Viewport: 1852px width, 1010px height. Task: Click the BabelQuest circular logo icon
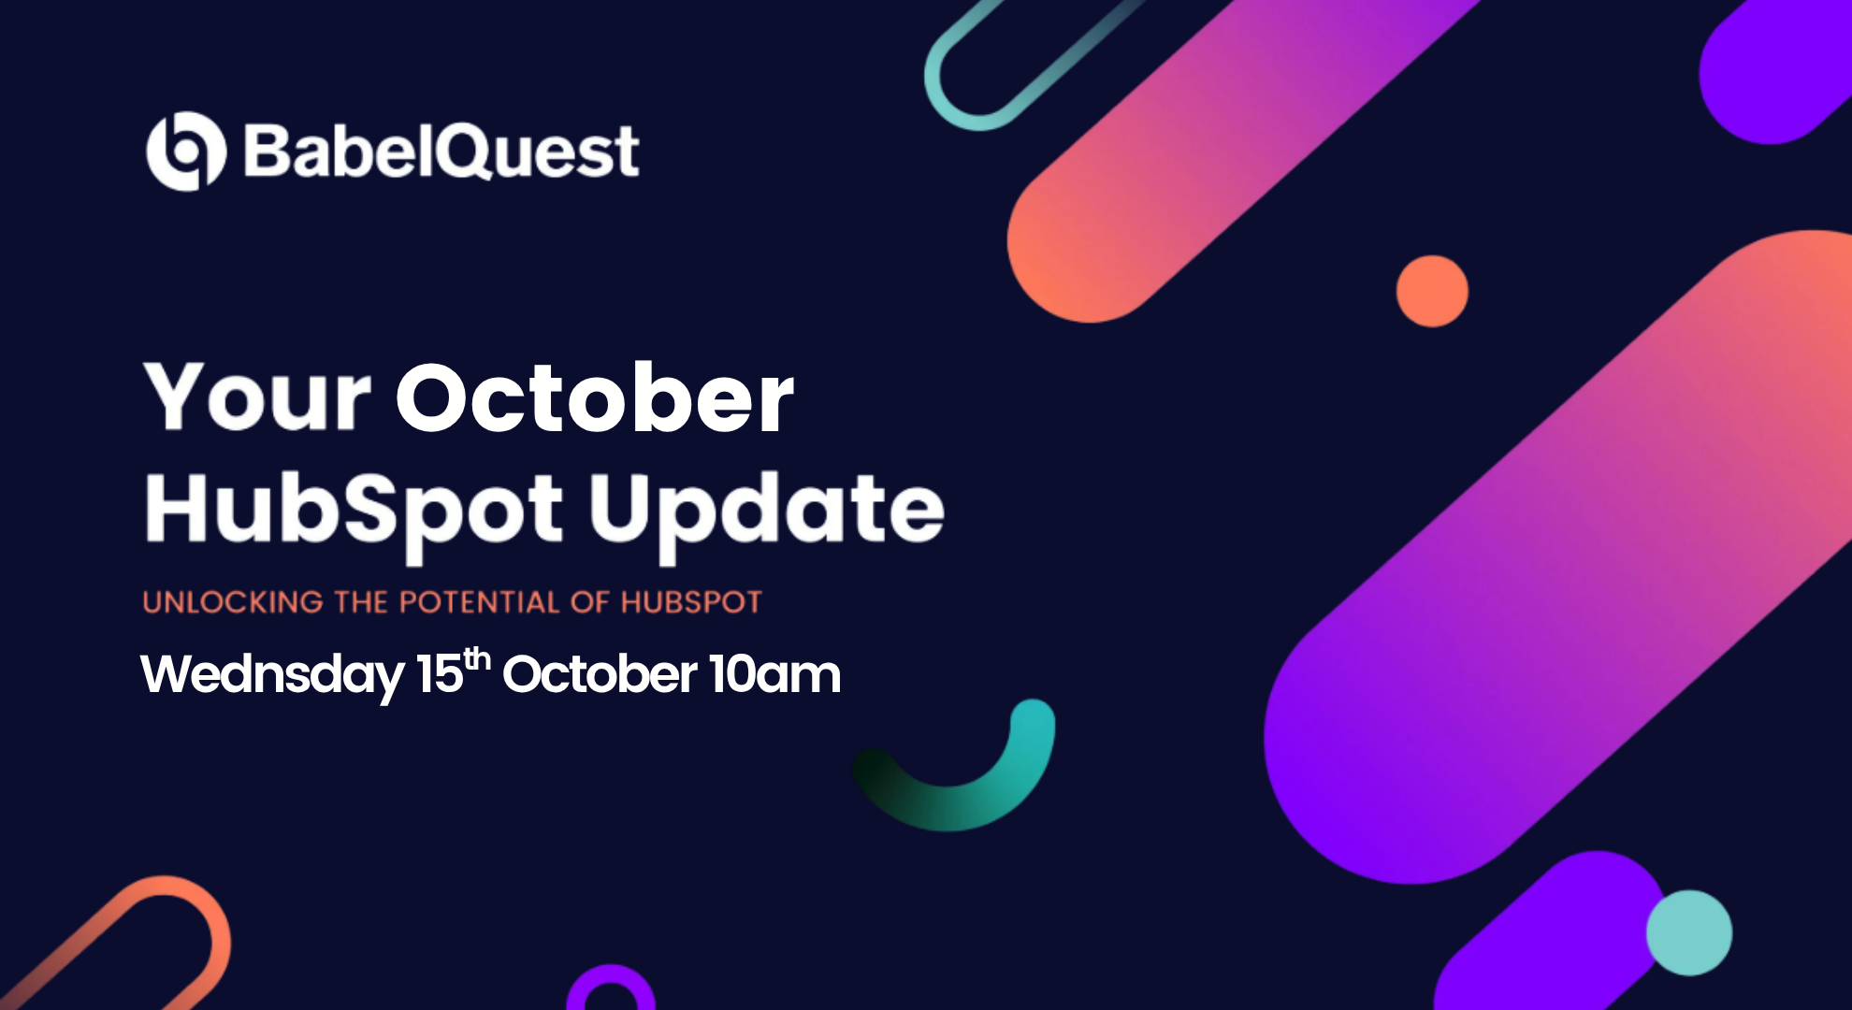(x=186, y=151)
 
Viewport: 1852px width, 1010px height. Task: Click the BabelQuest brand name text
(x=441, y=151)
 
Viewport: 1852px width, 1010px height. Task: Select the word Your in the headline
(x=257, y=397)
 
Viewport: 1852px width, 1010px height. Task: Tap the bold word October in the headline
(x=595, y=397)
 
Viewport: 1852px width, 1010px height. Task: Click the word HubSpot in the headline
(x=354, y=512)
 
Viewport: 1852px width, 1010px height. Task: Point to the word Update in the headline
(x=766, y=512)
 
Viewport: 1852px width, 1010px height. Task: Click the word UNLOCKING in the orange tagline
(x=233, y=601)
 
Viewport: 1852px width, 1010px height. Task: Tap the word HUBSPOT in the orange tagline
(x=691, y=601)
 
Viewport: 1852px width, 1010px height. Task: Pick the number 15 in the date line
(x=440, y=673)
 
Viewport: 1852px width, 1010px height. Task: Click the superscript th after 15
(x=477, y=658)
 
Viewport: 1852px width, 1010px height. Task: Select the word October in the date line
(x=600, y=673)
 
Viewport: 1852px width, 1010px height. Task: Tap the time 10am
(x=774, y=673)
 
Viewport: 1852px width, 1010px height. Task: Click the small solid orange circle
(x=1432, y=291)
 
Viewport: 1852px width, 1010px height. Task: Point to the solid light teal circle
(x=1689, y=932)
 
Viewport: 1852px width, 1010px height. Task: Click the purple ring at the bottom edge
(x=611, y=973)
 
